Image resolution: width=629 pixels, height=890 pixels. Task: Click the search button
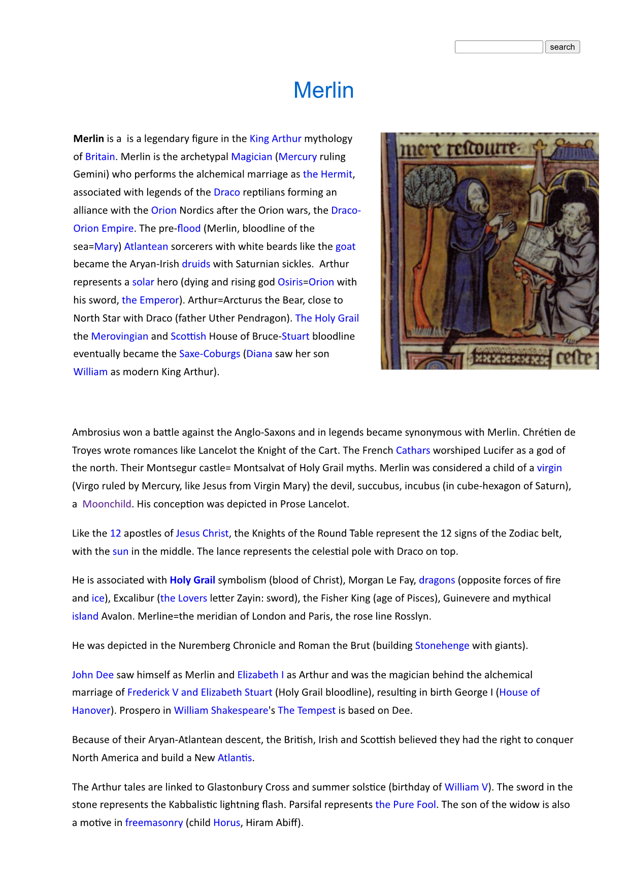562,47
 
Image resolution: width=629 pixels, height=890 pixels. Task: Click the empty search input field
499,47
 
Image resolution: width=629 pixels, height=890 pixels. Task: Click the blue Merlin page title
323,90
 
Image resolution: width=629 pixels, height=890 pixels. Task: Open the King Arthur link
275,139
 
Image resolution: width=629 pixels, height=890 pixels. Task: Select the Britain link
100,156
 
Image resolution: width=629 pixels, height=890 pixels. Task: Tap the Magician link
251,156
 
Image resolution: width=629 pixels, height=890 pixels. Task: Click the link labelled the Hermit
327,174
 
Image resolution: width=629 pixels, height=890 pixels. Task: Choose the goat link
345,246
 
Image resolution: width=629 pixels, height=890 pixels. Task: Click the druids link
196,264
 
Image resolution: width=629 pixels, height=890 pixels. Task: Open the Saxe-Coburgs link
210,354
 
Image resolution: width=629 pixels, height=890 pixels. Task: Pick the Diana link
259,354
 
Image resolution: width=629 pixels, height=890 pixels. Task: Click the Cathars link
413,450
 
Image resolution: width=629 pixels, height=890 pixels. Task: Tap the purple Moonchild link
107,504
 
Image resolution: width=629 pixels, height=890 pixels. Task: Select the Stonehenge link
442,646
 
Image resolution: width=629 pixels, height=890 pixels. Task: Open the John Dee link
92,675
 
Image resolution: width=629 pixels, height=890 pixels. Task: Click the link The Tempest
306,710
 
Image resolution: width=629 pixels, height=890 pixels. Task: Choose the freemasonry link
154,822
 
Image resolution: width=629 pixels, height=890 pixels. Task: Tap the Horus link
226,822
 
